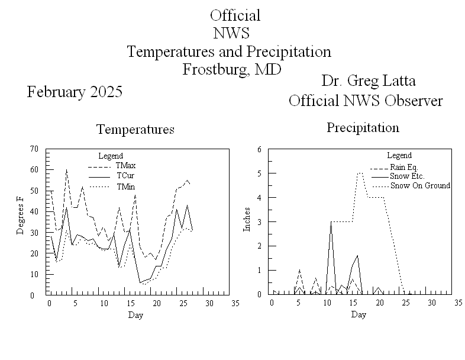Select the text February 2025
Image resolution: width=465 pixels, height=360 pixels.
pyautogui.click(x=75, y=92)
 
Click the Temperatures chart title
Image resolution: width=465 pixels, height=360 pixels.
pyautogui.click(x=135, y=129)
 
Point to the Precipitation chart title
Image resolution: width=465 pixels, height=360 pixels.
pyautogui.click(x=363, y=127)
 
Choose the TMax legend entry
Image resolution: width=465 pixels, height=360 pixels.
pyautogui.click(x=125, y=165)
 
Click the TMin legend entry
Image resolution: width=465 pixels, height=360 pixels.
pyautogui.click(x=125, y=187)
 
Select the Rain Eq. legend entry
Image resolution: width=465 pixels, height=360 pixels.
pyautogui.click(x=404, y=168)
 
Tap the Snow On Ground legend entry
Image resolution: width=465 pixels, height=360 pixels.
pyautogui.click(x=420, y=185)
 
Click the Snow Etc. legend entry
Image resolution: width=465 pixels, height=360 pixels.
pyautogui.click(x=407, y=176)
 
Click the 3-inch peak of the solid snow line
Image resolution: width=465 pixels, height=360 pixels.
pyautogui.click(x=331, y=221)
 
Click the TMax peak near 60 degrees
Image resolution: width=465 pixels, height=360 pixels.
pyautogui.click(x=66, y=170)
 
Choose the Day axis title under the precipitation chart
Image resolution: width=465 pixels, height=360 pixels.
pyautogui.click(x=358, y=314)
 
